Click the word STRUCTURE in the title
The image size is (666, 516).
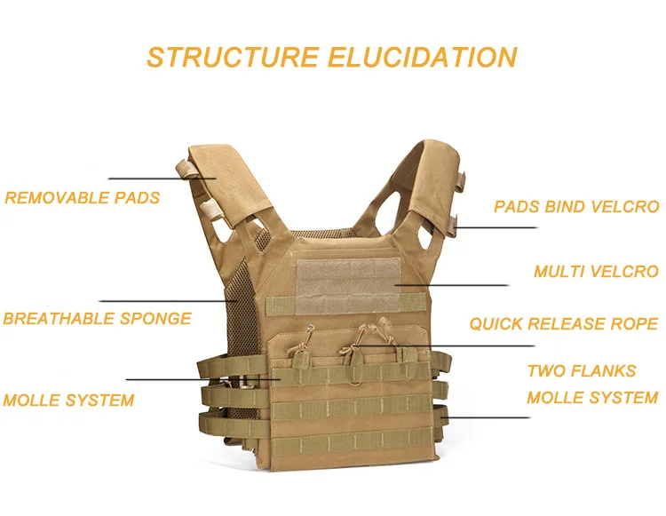(x=232, y=57)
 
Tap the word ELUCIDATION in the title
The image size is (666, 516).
(x=422, y=57)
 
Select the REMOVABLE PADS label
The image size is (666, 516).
(x=83, y=197)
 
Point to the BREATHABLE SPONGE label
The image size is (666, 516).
(x=97, y=318)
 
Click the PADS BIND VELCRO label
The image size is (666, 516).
(x=576, y=207)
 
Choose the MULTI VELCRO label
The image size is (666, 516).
(x=596, y=271)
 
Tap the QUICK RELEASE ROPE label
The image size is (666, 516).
(x=564, y=323)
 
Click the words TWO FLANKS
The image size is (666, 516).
(x=582, y=370)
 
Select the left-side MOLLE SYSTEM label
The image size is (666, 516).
(x=68, y=400)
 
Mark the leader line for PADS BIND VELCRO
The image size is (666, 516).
(x=497, y=227)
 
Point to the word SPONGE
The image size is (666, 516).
(x=158, y=318)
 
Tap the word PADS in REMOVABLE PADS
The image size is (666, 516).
(x=139, y=197)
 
